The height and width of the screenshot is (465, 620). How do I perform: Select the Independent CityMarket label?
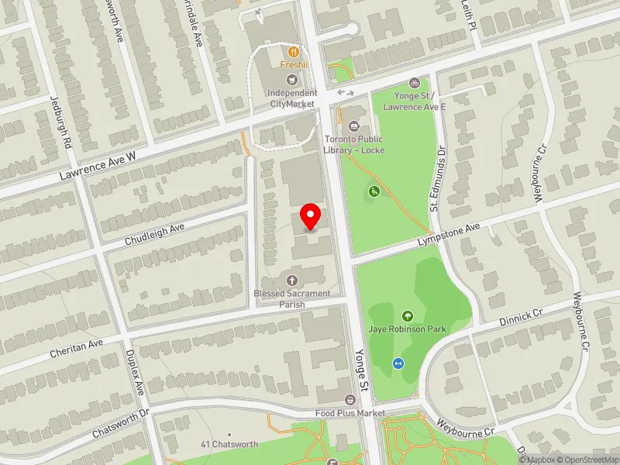(291, 98)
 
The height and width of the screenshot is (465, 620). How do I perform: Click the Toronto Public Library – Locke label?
(354, 144)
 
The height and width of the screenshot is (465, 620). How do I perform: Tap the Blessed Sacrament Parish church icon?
(292, 280)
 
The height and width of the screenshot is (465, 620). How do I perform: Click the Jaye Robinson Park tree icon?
(408, 315)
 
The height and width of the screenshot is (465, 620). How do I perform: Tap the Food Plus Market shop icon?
(350, 400)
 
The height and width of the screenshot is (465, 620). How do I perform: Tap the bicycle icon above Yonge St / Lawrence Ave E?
(415, 82)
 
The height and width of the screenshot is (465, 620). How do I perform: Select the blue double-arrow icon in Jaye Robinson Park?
(398, 363)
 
